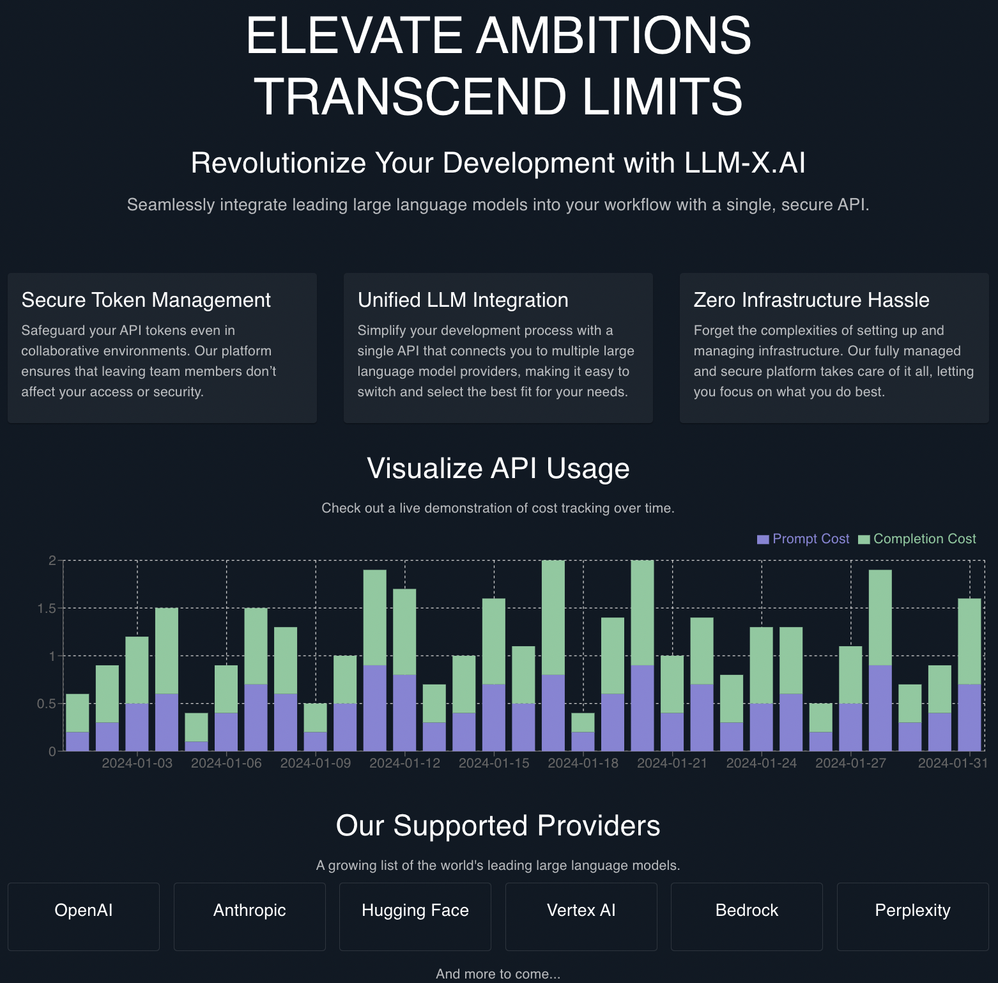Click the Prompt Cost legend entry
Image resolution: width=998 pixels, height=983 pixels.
(803, 539)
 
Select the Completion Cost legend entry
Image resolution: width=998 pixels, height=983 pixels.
(917, 539)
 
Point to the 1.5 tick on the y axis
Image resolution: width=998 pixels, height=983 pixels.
(47, 608)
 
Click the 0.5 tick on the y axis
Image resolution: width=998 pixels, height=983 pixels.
(47, 704)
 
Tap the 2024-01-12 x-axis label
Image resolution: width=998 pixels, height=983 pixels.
(404, 763)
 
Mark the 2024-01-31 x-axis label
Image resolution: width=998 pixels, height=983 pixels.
(953, 763)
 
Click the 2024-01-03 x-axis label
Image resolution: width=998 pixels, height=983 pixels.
(137, 763)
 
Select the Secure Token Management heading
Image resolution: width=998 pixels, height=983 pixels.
(146, 300)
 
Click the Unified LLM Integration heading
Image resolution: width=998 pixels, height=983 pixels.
(463, 300)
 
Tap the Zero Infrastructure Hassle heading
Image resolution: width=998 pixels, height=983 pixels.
(811, 300)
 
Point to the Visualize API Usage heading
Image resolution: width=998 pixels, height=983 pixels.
(498, 468)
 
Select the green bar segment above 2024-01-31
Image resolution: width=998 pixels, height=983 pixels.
(969, 641)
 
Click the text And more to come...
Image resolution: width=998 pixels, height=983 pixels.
(498, 973)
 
